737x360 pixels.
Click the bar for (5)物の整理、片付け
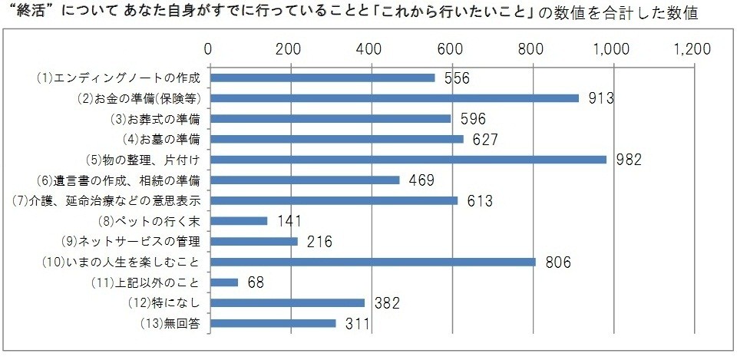pos(408,160)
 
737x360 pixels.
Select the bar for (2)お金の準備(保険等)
pos(394,98)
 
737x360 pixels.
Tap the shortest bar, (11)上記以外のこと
pos(223,282)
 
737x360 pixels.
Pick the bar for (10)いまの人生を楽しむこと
pos(372,262)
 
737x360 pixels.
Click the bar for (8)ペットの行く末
pos(238,221)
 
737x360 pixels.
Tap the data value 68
pos(256,282)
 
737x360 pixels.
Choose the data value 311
pos(357,323)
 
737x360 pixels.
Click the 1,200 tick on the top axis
pos(692,49)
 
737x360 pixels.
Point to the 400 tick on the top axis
pos(371,49)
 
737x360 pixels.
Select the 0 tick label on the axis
pos(210,49)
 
